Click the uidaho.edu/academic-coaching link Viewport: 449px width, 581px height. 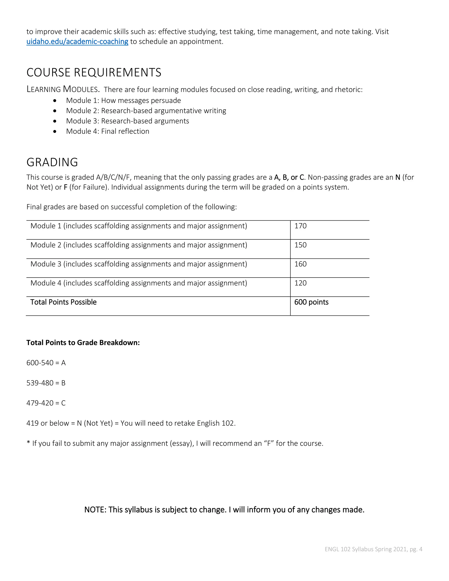pos(77,41)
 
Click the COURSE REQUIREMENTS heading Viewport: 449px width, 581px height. pos(94,72)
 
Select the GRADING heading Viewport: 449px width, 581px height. pos(52,162)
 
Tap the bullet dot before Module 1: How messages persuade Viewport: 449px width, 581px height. pos(55,101)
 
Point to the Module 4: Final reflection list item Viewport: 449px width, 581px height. pos(107,131)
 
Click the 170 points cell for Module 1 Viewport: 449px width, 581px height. pos(300,226)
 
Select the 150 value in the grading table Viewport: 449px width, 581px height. pos(300,245)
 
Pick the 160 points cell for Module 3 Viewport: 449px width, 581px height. pos(300,264)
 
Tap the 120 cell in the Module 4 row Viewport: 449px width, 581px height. pos(300,283)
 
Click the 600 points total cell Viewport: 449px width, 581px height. pos(311,302)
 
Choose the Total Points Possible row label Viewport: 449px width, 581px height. pos(63,302)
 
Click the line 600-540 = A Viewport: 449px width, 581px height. pos(46,363)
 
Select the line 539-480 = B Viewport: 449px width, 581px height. pos(46,383)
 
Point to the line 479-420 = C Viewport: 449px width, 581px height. pos(46,403)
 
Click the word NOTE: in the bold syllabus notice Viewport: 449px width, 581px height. pos(95,510)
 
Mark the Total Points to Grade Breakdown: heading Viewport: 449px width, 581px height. pos(83,343)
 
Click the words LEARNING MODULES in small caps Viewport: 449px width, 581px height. pos(63,89)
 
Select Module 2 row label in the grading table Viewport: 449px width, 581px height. pos(139,245)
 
